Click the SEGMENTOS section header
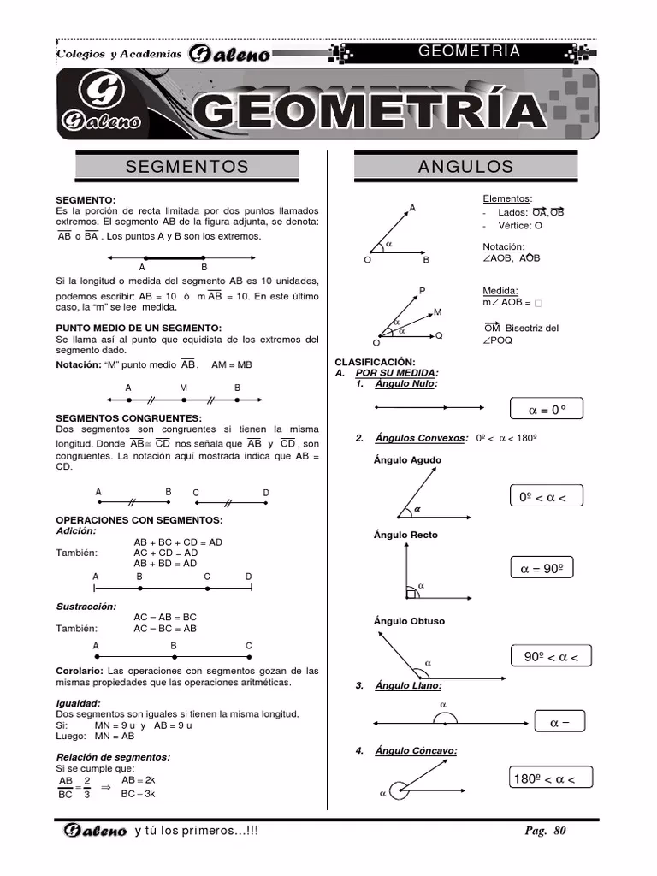(186, 166)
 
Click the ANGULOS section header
(465, 166)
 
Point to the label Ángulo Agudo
(407, 460)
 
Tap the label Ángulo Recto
(405, 535)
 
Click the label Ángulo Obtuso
(409, 621)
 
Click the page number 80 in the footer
(559, 831)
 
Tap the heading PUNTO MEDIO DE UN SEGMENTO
(139, 328)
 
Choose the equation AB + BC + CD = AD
(178, 542)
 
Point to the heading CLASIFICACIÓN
(375, 363)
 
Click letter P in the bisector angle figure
(422, 292)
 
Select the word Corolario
(80, 671)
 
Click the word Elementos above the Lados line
(506, 198)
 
